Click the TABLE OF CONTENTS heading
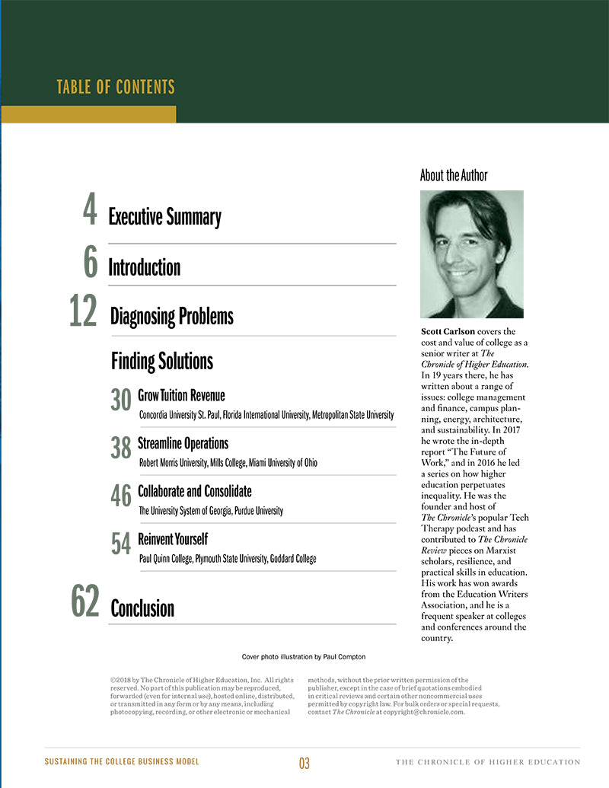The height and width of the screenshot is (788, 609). [x=116, y=87]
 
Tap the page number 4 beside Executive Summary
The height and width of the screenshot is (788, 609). [x=90, y=212]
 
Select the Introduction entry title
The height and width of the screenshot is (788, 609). [x=145, y=268]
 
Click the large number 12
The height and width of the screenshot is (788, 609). [x=84, y=312]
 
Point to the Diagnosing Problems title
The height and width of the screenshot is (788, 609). [x=172, y=316]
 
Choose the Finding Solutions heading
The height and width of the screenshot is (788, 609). [x=162, y=360]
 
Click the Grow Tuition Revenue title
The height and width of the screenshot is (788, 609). [x=181, y=396]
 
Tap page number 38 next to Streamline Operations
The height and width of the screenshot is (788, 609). [x=121, y=448]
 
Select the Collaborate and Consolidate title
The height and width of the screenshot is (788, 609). [x=195, y=491]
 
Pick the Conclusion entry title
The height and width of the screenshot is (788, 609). [x=142, y=608]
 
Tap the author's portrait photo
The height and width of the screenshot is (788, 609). [x=472, y=254]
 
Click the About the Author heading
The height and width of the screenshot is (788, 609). [x=454, y=175]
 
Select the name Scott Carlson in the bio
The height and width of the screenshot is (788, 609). [x=448, y=332]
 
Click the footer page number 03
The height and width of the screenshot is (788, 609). [x=304, y=764]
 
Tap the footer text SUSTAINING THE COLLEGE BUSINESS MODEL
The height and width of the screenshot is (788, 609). [x=122, y=762]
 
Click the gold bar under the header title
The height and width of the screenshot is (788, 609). [x=88, y=114]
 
